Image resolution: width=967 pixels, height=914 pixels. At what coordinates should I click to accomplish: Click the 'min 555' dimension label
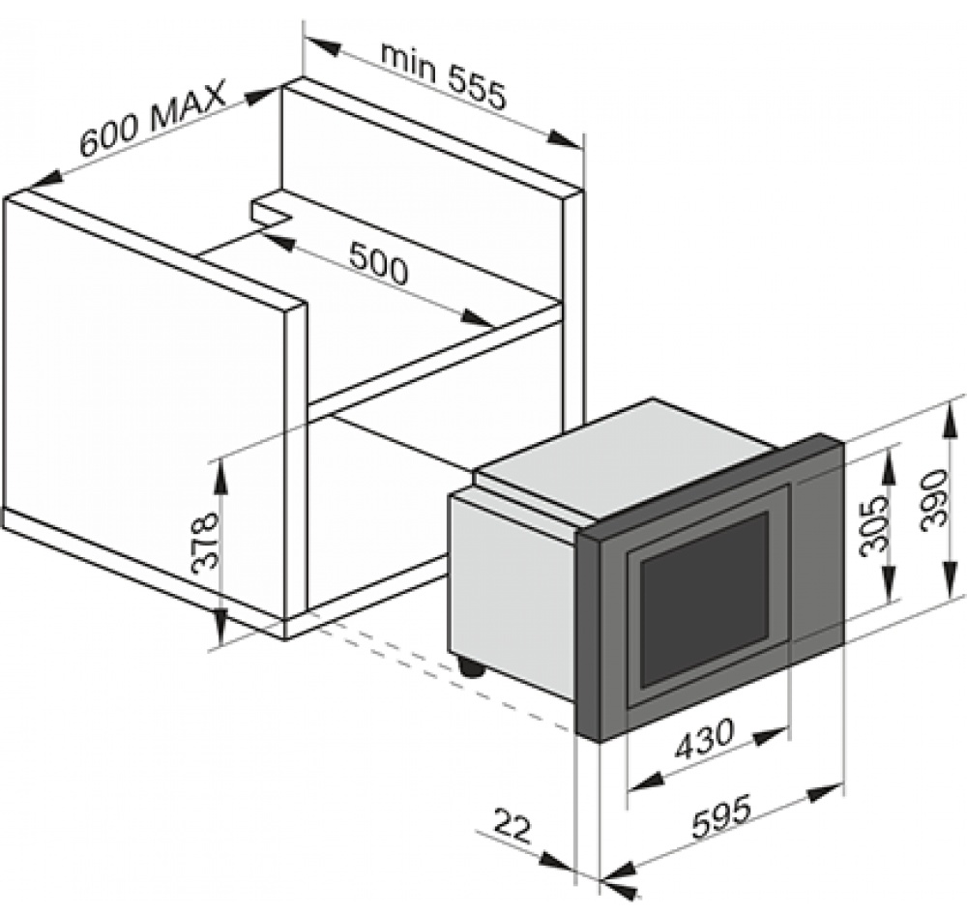(444, 75)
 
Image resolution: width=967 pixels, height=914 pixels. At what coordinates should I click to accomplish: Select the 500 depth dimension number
(378, 263)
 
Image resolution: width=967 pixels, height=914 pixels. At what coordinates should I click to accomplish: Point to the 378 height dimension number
(205, 543)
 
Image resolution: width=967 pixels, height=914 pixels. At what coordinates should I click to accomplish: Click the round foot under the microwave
(472, 667)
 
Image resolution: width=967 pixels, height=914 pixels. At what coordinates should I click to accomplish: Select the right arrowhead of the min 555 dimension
(566, 139)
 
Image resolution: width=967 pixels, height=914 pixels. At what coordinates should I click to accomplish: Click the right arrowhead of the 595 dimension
(827, 792)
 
